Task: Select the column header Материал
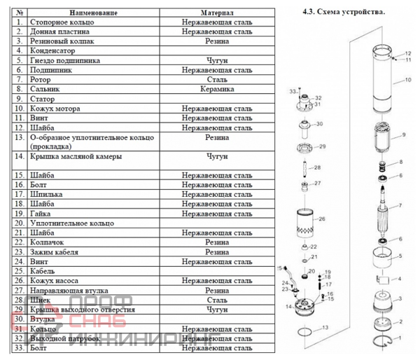click(217, 13)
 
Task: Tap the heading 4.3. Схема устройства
click(343, 13)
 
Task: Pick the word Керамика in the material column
click(217, 90)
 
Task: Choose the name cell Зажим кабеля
click(55, 251)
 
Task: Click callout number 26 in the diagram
click(323, 219)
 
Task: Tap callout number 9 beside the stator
click(404, 134)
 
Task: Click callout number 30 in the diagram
click(319, 124)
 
